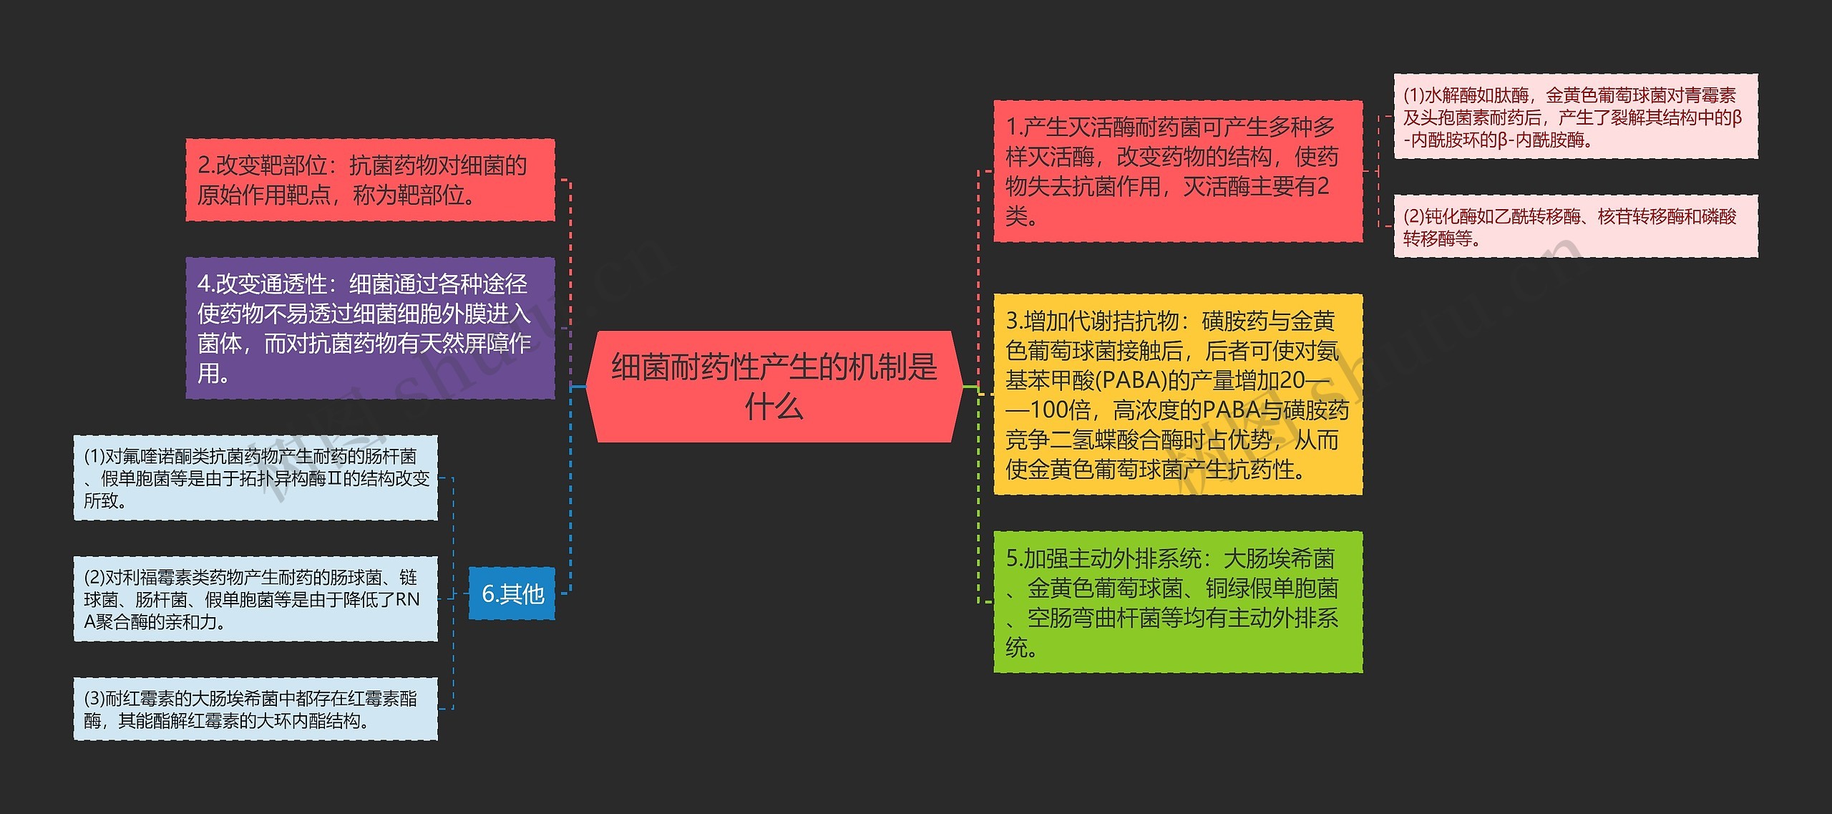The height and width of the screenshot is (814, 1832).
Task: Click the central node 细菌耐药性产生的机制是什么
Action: (774, 386)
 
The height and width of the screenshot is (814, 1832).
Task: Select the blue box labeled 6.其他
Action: (512, 593)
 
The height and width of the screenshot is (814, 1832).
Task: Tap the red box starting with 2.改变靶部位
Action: (370, 180)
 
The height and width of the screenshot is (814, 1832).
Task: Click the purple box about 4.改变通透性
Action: (370, 328)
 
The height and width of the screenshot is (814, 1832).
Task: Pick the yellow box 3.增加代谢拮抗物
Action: (1177, 394)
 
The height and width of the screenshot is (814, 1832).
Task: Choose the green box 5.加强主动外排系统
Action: (1177, 602)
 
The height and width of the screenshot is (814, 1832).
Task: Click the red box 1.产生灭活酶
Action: (1177, 171)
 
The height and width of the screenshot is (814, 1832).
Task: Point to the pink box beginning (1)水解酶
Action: (1575, 117)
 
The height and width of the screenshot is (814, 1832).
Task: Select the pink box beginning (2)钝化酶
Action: (1575, 226)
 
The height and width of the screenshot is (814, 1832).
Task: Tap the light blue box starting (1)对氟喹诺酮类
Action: (255, 478)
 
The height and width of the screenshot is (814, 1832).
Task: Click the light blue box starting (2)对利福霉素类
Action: (255, 599)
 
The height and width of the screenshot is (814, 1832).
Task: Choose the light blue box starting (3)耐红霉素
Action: (255, 709)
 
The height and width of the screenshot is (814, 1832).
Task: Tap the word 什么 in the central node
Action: (774, 407)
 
